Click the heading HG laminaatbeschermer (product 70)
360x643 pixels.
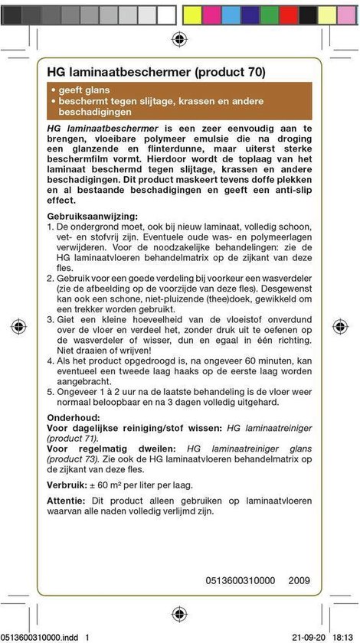[156, 73]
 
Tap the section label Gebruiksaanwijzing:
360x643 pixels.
[93, 216]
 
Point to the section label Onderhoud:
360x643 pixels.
[73, 416]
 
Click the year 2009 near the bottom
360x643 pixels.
[299, 580]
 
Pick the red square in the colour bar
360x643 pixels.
[289, 14]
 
